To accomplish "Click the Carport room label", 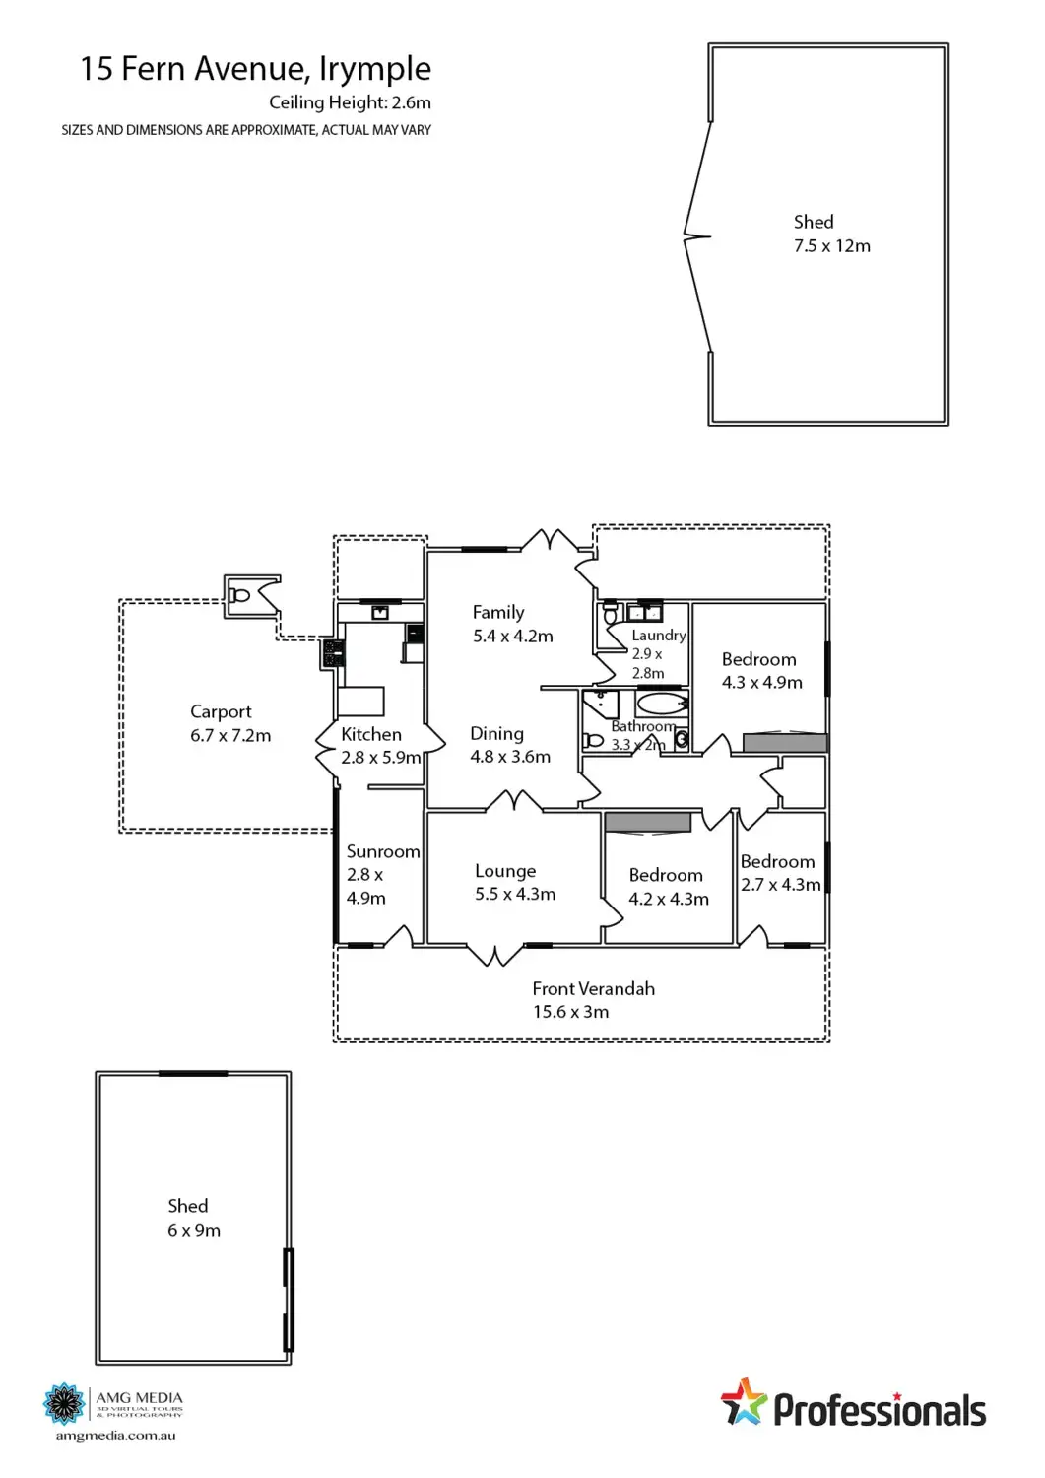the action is click(221, 712).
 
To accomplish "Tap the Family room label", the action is click(498, 613).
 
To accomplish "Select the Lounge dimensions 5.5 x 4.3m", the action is click(515, 895).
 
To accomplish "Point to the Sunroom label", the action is click(383, 852).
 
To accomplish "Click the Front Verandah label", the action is click(593, 989).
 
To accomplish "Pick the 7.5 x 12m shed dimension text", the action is click(832, 246).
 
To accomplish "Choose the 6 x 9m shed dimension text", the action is click(194, 1231).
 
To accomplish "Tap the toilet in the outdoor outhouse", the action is click(239, 595).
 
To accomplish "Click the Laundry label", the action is click(659, 636).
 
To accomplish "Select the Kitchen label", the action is click(371, 735).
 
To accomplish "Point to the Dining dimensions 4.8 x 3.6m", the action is click(510, 758).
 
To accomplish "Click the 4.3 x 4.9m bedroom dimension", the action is click(762, 683).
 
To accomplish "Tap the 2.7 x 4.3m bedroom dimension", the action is click(781, 886).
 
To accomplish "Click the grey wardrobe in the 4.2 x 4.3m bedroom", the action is click(647, 823).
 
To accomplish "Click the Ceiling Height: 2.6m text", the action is click(350, 102).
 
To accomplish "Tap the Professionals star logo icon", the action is click(744, 1403).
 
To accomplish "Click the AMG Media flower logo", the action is click(66, 1404).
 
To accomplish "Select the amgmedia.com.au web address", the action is click(115, 1436).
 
